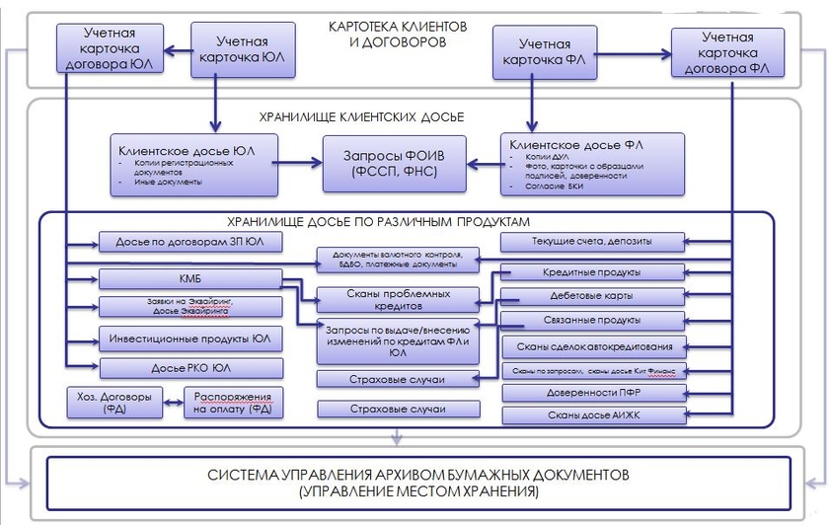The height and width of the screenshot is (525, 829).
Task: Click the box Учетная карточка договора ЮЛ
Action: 108,47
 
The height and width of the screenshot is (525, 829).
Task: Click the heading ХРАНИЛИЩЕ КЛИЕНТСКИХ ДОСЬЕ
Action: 361,116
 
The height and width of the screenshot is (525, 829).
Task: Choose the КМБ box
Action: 190,277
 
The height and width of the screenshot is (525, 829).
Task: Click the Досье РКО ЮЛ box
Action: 190,369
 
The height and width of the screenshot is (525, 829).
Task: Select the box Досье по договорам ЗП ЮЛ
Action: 190,243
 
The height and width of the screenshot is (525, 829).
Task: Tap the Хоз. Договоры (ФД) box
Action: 108,403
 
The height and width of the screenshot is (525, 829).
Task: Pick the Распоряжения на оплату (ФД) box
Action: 233,403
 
